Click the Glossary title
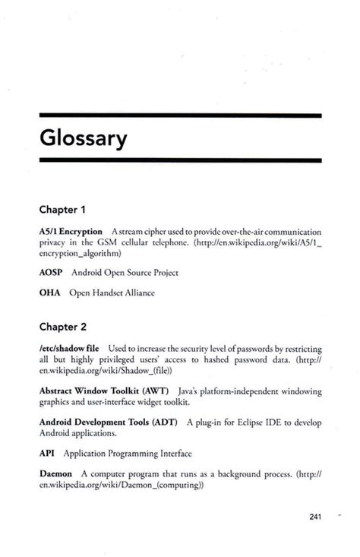tap(84, 139)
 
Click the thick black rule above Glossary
tap(180, 116)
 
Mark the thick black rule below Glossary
tap(180, 160)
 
